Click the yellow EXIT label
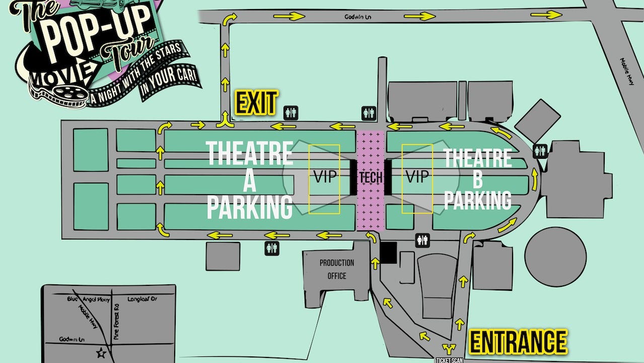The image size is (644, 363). pyautogui.click(x=256, y=103)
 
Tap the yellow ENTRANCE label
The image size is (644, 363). pyautogui.click(x=518, y=342)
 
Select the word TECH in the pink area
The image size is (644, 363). pyautogui.click(x=371, y=177)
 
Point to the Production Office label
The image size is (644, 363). pyautogui.click(x=336, y=269)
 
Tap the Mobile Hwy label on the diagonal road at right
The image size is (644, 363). pyautogui.click(x=627, y=65)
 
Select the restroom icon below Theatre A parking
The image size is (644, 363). pyautogui.click(x=272, y=248)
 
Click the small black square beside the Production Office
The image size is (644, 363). pyautogui.click(x=388, y=253)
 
